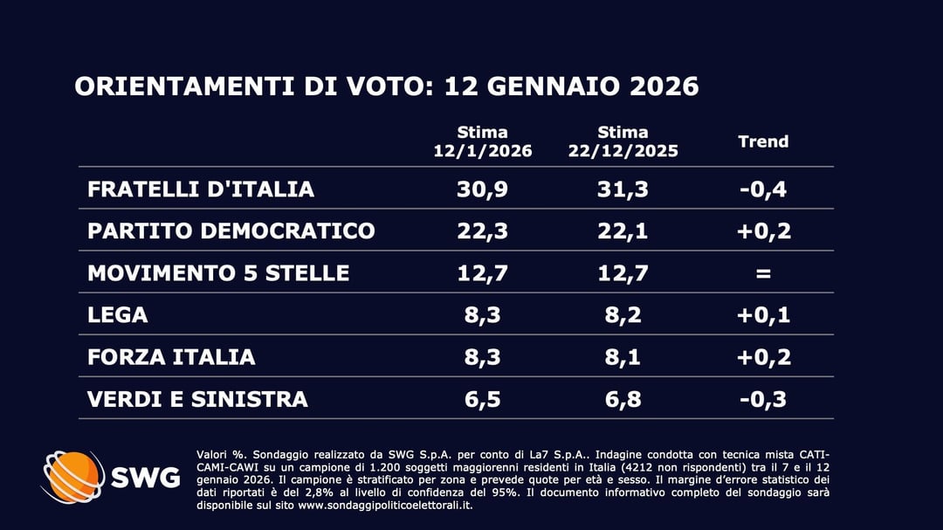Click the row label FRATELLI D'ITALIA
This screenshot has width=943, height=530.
(x=201, y=189)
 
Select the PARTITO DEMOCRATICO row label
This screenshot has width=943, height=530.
(x=231, y=231)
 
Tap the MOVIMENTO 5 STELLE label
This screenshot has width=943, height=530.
(x=218, y=273)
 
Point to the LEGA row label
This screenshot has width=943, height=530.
(x=118, y=315)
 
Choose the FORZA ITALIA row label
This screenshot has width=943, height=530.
(x=171, y=357)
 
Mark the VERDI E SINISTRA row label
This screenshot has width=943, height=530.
(x=197, y=399)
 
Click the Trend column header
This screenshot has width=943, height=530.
(x=763, y=141)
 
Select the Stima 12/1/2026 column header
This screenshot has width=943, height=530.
(x=483, y=141)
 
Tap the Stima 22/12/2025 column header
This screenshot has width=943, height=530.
(x=623, y=141)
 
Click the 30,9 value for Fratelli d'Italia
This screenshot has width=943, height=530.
(x=483, y=189)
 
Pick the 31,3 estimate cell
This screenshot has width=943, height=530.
(x=623, y=189)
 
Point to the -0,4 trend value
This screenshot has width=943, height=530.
(x=763, y=189)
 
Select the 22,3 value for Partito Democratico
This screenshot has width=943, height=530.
(x=483, y=231)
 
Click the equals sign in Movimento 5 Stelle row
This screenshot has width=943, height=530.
(x=763, y=273)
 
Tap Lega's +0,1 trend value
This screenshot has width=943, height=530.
(x=763, y=315)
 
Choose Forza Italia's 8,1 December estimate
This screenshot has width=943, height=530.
(x=623, y=357)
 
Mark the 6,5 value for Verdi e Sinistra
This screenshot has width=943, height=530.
(x=483, y=399)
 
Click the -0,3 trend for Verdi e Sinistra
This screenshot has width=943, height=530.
(x=763, y=399)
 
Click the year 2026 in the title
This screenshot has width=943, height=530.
(x=662, y=87)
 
